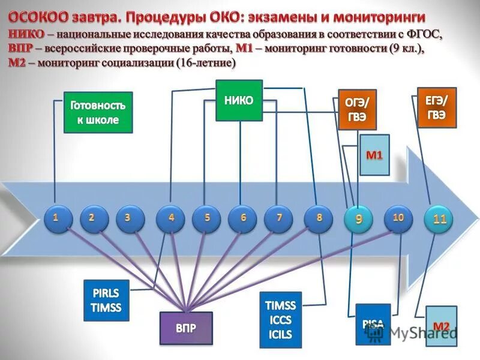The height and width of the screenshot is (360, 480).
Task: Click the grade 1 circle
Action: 55,219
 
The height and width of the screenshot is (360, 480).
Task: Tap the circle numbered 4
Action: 171,219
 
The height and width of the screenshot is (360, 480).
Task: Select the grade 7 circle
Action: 279,219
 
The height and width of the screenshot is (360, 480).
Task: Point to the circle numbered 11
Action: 440,220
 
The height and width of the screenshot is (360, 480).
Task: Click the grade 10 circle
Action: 398,219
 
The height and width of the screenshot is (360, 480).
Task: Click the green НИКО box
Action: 239,100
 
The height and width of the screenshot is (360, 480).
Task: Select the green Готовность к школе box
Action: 98,112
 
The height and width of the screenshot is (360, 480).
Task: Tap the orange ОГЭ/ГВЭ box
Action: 356,109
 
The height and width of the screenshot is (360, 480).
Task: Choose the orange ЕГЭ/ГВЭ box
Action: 437,107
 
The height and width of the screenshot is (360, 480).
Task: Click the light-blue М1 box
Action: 374,155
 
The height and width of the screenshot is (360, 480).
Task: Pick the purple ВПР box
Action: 186,328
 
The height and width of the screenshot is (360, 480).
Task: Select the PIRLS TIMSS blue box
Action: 107,300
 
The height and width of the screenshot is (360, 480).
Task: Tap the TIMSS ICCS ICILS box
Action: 280,320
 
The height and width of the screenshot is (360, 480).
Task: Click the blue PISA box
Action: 373,324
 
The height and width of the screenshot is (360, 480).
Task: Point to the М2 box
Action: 442,326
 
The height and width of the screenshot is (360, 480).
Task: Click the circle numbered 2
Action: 91,219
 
